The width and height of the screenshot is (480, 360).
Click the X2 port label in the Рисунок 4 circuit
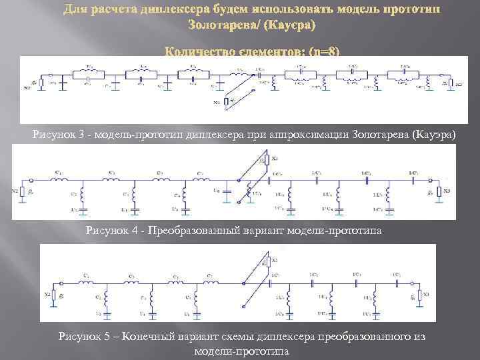(x=15, y=191)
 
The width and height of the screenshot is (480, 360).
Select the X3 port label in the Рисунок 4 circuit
(x=446, y=191)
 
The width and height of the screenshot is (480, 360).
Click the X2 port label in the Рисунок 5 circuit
(x=47, y=293)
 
